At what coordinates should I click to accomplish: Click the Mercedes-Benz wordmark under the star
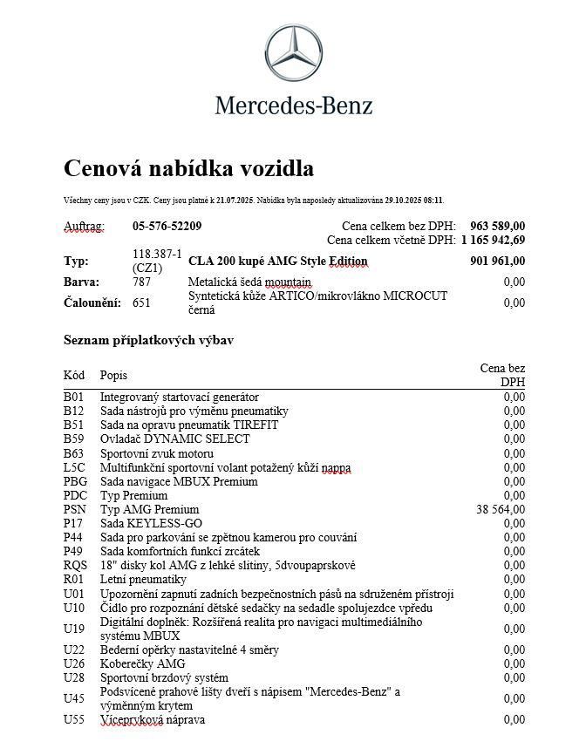point(293,105)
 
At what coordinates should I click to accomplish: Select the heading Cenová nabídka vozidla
point(188,168)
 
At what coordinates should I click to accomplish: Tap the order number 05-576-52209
point(167,227)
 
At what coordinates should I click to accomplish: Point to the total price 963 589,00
point(497,227)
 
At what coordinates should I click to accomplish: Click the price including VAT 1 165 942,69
point(493,240)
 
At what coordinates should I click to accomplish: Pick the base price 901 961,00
point(497,261)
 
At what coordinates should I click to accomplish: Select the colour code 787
point(141,282)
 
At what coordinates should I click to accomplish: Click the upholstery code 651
point(141,303)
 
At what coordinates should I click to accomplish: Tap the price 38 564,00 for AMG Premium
point(501,509)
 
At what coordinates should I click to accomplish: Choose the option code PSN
point(75,509)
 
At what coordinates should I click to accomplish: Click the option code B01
point(73,398)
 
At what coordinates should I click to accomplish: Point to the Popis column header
point(113,375)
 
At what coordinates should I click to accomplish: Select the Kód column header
point(74,375)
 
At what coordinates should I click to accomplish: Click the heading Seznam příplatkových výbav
point(148,340)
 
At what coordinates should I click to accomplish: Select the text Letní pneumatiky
point(143,579)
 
